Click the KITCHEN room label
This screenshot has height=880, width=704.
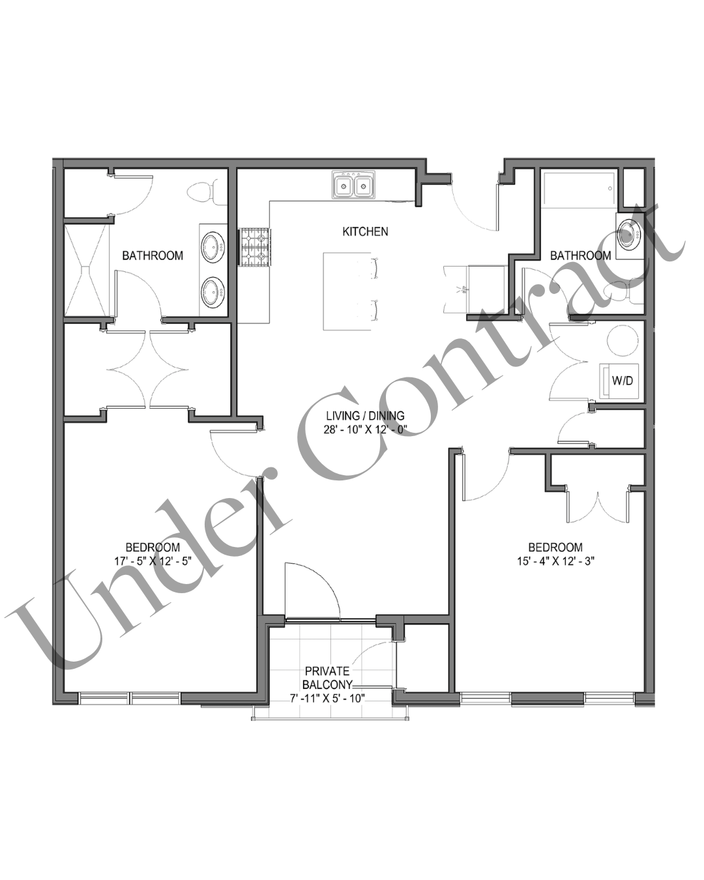365,232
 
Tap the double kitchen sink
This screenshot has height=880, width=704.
353,185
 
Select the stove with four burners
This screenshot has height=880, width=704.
254,247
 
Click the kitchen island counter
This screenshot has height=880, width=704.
347,291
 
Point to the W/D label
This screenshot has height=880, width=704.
622,380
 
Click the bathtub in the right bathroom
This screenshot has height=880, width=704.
578,190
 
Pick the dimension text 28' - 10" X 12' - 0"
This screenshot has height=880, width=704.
366,430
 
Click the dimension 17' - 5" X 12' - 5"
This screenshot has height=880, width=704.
153,560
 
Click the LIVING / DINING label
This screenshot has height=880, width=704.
365,415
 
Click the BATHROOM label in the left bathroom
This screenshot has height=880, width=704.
153,256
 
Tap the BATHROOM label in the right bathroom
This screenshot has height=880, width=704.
580,256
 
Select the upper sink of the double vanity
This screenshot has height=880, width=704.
213,248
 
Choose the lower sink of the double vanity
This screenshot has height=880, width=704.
213,292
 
